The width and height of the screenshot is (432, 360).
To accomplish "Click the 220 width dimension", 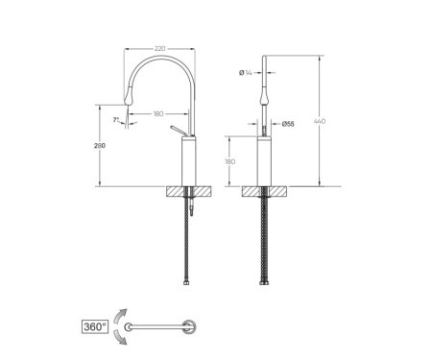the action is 159,49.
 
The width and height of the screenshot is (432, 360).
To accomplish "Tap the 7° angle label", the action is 116,120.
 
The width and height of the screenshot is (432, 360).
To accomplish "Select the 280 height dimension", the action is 100,146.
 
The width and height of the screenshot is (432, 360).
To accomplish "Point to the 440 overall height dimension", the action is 320,121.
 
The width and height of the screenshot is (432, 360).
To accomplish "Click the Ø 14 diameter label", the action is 246,73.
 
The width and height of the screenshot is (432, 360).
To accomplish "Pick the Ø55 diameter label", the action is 288,124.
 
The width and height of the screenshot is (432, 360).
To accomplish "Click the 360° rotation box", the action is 95,326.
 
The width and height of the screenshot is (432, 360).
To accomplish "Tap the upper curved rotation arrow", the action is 121,317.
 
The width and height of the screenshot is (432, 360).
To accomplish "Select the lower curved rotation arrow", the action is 120,337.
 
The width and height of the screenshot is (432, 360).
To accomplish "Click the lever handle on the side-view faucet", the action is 179,131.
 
